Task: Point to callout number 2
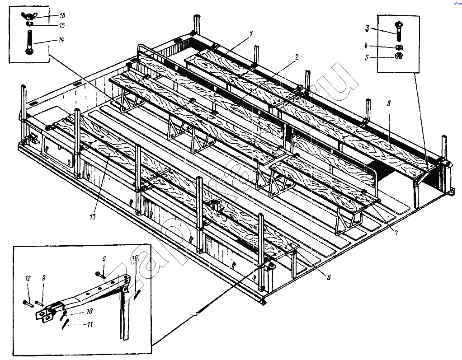coord(296,57)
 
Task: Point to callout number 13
coord(92,217)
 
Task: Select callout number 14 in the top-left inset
coord(60,40)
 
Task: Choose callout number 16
coord(61,15)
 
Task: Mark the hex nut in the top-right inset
coord(399,56)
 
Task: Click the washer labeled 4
coord(399,47)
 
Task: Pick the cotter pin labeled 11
coord(67,324)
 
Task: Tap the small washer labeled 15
coord(29,24)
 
